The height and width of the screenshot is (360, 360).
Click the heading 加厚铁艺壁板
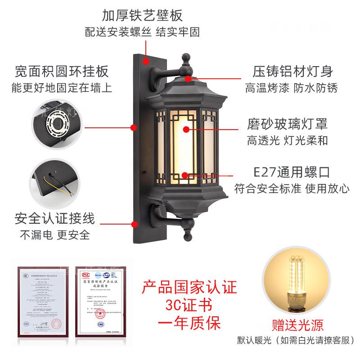point(142,16)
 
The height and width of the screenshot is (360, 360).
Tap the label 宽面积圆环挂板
point(62,71)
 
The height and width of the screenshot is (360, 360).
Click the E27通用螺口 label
point(292,171)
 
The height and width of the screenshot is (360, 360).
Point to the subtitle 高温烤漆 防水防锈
point(291,87)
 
